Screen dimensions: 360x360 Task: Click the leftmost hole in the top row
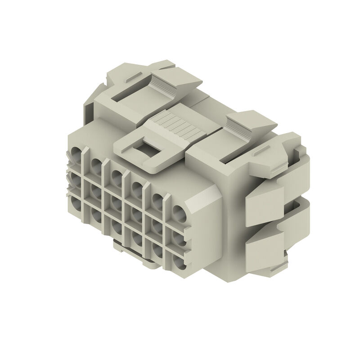pos(77,153)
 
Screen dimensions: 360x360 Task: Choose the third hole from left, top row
pos(117,176)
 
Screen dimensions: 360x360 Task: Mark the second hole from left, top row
pos(96,164)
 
